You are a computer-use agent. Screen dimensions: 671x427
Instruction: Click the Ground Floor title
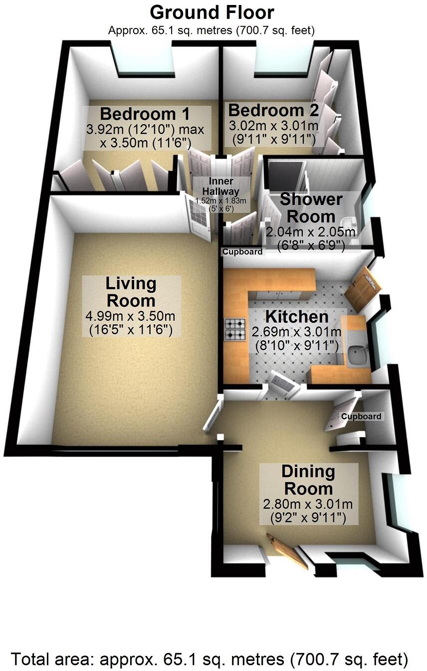coord(212,12)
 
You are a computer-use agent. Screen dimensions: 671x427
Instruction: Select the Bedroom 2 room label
coord(273,110)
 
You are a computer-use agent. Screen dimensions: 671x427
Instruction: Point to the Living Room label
coord(130,292)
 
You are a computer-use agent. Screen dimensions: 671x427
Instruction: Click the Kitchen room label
coord(296,317)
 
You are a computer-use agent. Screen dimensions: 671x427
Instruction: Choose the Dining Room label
coord(307,479)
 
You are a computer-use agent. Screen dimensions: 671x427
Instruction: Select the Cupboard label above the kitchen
coord(242,252)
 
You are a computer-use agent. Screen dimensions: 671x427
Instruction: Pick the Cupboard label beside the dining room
coord(361,416)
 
